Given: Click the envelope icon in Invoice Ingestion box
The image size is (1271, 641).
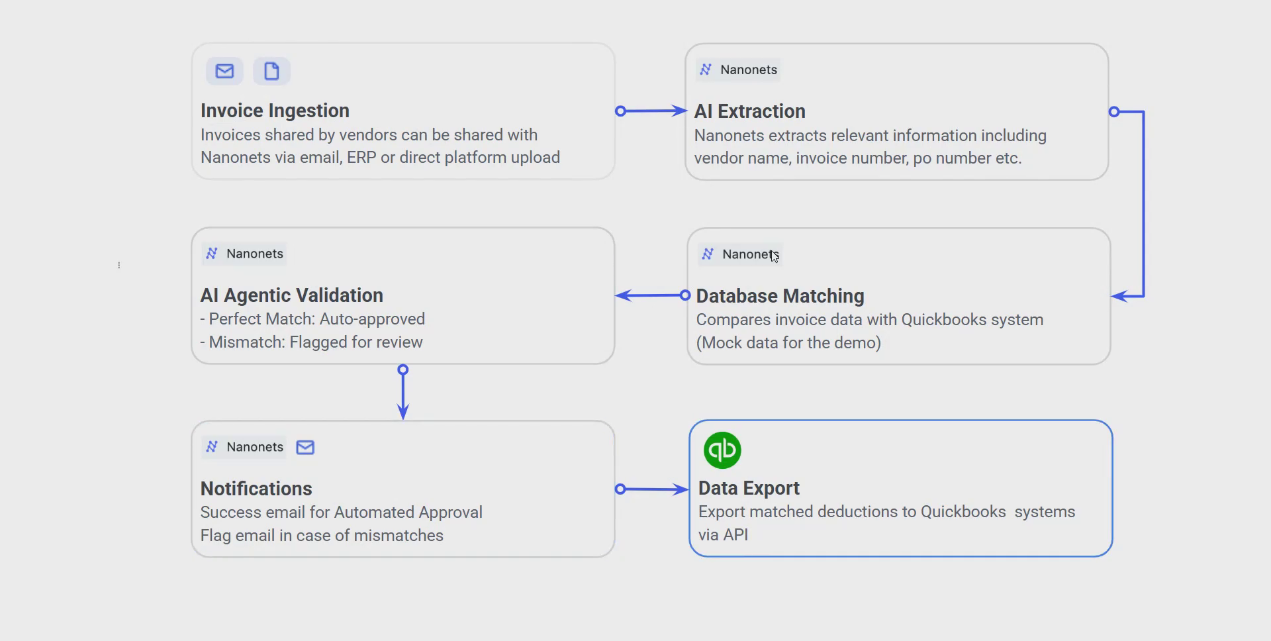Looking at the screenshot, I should (224, 71).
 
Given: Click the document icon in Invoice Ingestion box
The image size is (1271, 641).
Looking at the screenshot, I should (271, 71).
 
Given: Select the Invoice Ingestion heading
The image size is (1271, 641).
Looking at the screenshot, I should (275, 111).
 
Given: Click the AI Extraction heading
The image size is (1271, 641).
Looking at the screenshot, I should (749, 111).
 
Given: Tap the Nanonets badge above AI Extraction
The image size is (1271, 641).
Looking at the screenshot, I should (738, 70).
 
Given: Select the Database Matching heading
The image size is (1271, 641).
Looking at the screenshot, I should (780, 296).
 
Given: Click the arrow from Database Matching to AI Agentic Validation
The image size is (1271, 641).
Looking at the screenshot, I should (651, 295).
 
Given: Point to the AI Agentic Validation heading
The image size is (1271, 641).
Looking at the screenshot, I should (291, 295).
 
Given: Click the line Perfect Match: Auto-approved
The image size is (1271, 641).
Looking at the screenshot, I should (312, 319).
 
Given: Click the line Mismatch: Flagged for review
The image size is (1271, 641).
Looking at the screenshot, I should (311, 342).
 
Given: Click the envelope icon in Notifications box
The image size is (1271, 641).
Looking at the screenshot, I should (305, 447).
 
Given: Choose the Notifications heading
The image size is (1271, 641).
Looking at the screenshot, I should (256, 489).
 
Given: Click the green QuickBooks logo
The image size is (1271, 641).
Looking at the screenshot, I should (722, 450).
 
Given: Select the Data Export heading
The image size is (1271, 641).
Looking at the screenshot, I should (749, 488).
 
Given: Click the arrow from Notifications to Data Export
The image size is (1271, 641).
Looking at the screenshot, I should (652, 489).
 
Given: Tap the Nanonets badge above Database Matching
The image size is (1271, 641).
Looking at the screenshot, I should (740, 254).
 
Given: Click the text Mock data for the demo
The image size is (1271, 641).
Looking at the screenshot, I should (788, 343).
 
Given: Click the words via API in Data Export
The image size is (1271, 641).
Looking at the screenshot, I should (723, 535).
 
